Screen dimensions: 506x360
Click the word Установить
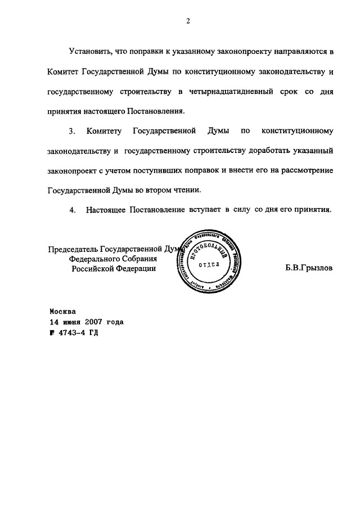91,52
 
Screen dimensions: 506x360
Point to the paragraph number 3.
72,131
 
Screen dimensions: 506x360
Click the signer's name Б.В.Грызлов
309,268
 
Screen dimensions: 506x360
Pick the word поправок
197,170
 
